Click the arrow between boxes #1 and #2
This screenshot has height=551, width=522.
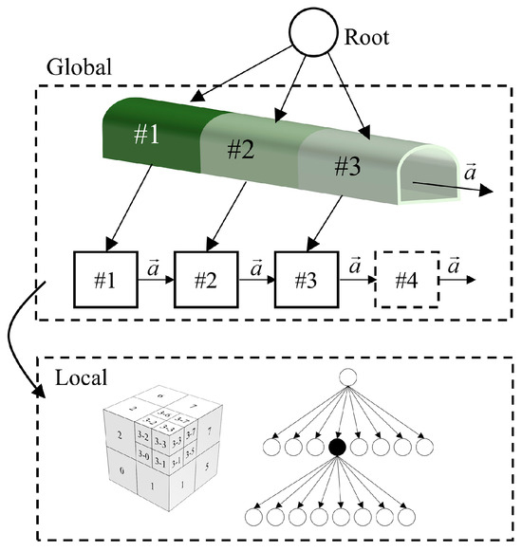tap(152, 282)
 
